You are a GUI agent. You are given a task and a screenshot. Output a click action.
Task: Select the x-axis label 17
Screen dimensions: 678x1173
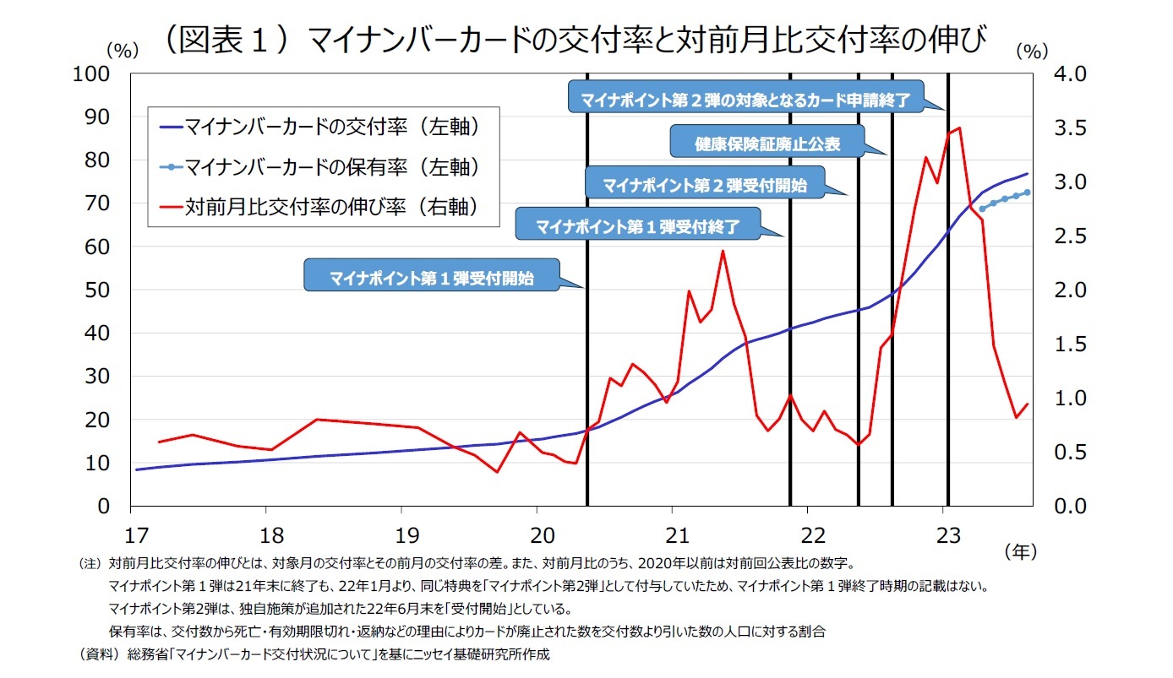[131, 535]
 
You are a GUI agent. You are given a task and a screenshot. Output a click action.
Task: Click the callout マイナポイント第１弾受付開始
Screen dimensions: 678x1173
[431, 277]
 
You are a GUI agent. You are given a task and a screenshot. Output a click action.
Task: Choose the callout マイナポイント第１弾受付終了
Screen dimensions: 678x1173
[638, 226]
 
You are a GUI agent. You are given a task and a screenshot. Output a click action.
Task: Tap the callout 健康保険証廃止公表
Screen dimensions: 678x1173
[767, 144]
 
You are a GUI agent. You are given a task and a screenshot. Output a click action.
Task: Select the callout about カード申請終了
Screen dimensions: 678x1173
[745, 99]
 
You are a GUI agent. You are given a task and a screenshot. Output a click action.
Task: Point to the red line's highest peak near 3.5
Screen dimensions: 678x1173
[959, 128]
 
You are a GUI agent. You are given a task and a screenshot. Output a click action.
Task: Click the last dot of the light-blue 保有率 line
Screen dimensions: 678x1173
[1027, 192]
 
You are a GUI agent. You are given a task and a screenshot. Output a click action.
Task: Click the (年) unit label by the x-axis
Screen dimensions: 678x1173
[1020, 551]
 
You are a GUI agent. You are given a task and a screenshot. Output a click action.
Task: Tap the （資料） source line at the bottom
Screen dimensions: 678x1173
[313, 654]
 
